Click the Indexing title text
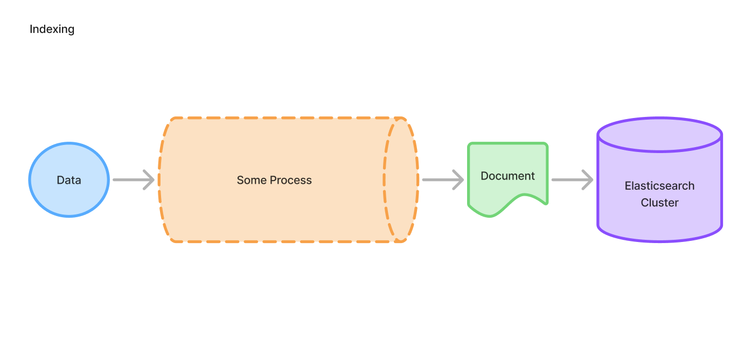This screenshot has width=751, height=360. pos(52,29)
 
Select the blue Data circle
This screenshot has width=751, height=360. pos(69,162)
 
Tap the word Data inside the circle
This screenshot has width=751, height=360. pos(69,180)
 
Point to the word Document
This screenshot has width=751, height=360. pos(507,176)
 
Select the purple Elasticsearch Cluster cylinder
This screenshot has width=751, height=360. pos(659,221)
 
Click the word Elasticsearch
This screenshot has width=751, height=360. pos(659,186)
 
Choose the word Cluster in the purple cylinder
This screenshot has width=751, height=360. pos(659,203)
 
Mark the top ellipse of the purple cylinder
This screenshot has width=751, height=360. pos(659,135)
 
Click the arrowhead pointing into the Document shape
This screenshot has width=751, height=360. pos(458,179)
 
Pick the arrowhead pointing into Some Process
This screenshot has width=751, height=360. pos(149,179)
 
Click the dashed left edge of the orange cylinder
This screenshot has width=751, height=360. pos(159,179)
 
